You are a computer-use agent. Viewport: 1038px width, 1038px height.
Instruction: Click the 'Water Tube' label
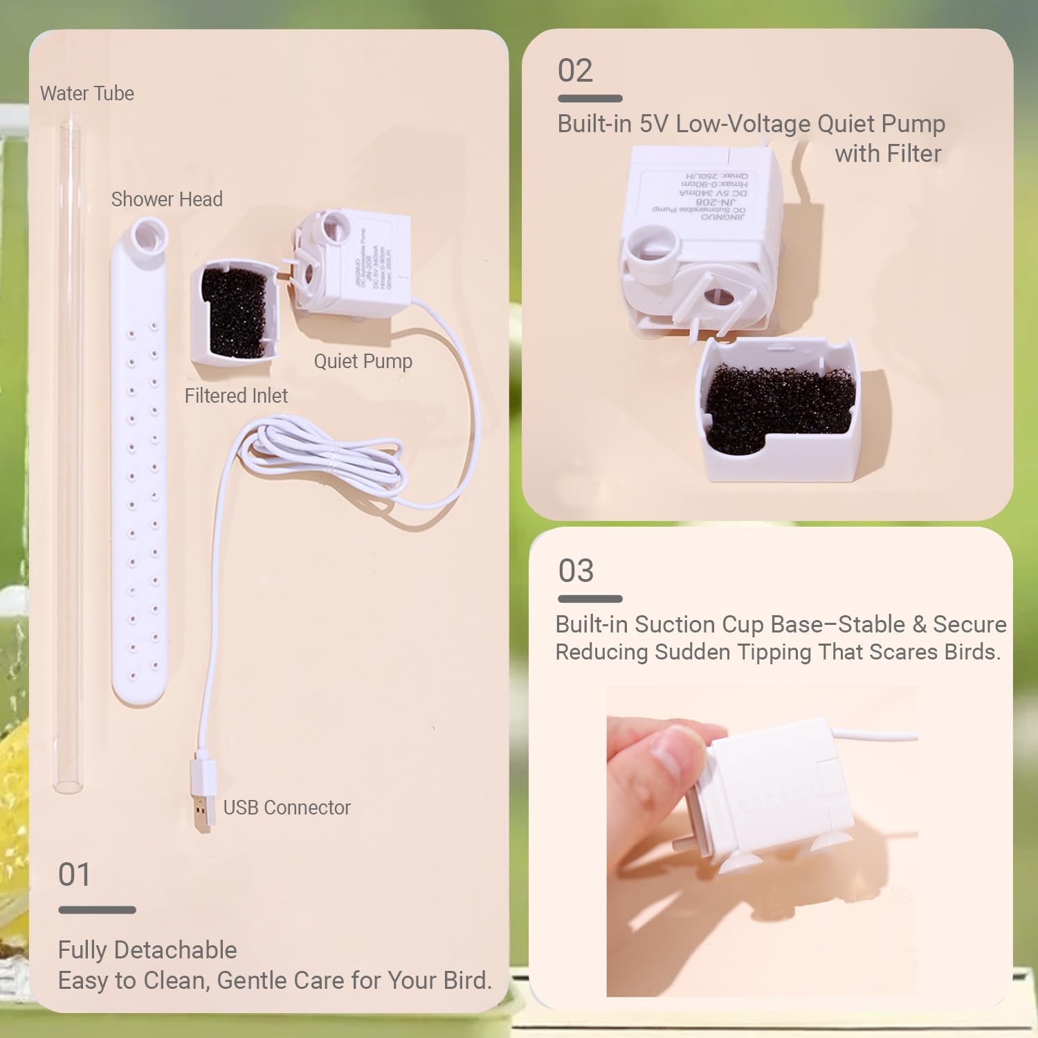(x=87, y=93)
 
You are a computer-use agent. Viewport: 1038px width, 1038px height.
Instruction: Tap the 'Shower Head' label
(x=167, y=199)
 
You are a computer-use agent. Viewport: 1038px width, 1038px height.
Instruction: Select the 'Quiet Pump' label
(x=363, y=361)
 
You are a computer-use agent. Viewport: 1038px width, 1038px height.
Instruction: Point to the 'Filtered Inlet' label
(x=236, y=396)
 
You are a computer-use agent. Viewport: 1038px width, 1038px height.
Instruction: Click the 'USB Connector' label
(x=286, y=808)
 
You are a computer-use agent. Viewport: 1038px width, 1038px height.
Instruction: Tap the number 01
(x=74, y=875)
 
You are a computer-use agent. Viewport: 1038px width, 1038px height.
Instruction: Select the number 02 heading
(x=575, y=71)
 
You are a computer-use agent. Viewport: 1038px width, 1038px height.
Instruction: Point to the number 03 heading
(x=576, y=571)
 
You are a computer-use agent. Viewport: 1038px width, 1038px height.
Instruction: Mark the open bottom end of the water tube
(x=68, y=786)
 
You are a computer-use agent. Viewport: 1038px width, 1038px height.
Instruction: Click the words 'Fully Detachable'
(x=147, y=950)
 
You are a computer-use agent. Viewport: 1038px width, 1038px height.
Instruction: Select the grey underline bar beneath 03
(x=590, y=599)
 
